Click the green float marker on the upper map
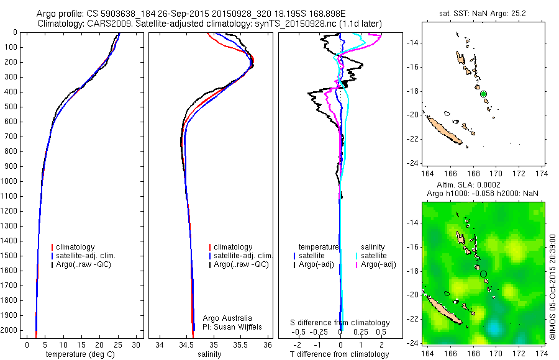tap(483, 94)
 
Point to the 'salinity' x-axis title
tap(209, 354)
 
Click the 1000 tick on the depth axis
tap(11, 181)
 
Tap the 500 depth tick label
tap(13, 107)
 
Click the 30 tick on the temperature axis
tap(136, 344)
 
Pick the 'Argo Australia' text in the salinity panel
tap(227, 318)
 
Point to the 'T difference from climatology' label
tap(340, 354)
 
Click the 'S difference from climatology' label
tap(340, 323)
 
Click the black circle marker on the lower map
tap(483, 274)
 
